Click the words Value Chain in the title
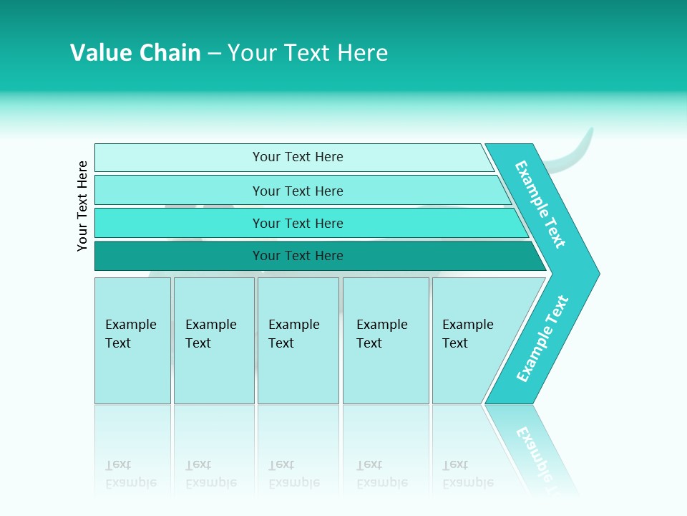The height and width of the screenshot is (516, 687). coord(135,53)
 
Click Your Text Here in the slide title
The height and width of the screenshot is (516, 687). coord(308,53)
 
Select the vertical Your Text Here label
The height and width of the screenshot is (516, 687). coord(82,206)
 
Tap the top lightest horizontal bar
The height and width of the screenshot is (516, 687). coord(179,157)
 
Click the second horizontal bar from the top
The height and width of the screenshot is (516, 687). coord(179,191)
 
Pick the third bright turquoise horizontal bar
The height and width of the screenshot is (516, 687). coord(179,223)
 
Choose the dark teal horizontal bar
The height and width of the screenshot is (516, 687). coord(179,256)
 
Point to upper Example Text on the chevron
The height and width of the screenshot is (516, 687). coord(540,204)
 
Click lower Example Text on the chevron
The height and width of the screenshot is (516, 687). coord(542,339)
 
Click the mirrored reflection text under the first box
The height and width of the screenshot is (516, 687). coord(130,474)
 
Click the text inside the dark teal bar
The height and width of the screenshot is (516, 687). coord(298,256)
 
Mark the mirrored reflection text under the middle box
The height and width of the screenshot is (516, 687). coord(293,474)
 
